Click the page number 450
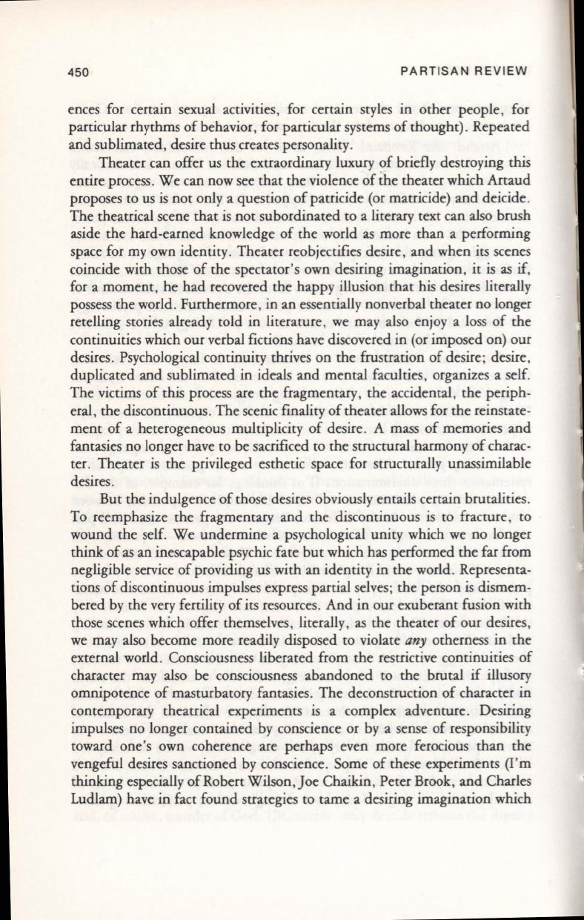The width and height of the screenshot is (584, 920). coord(75,72)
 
